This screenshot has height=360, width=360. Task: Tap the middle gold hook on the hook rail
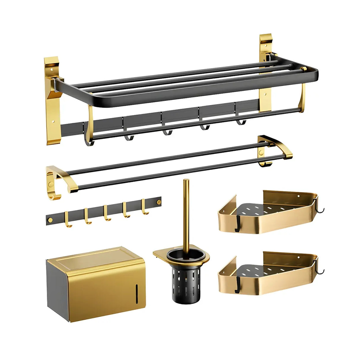click(106, 214)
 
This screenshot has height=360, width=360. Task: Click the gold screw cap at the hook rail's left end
click(50, 220)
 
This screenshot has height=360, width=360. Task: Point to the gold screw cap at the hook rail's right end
click(159, 202)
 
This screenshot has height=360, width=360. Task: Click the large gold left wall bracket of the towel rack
click(52, 101)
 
